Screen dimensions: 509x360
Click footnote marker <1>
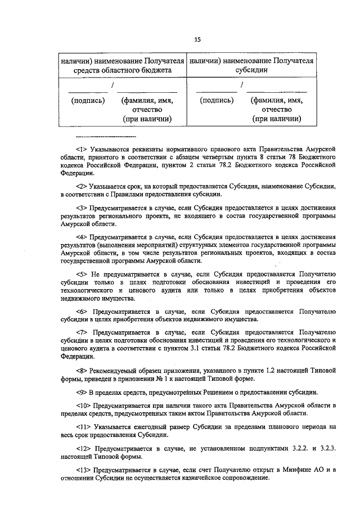tap(82, 148)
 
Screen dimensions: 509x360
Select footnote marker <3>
tap(82, 208)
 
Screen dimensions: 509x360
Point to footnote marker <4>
tap(82, 238)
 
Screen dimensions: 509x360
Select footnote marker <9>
tap(82, 392)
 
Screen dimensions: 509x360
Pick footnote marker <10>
tap(84, 406)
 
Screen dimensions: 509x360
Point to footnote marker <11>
tap(84, 429)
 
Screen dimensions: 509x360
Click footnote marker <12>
tap(84, 451)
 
